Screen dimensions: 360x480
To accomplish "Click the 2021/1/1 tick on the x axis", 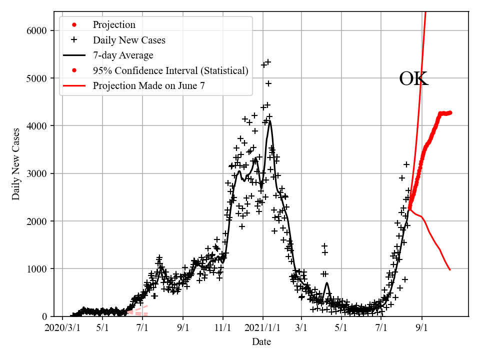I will point(262,329).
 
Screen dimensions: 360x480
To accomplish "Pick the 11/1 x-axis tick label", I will point(223,329).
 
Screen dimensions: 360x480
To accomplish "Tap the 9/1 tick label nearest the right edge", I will point(421,329).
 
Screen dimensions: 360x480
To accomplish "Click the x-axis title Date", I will point(261,342).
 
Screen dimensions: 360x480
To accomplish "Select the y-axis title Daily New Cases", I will point(16,164).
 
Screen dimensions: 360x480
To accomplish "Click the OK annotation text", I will point(413,79).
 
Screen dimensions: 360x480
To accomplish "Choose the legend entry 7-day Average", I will point(123,55).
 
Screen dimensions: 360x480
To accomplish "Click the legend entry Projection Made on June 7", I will point(148,86).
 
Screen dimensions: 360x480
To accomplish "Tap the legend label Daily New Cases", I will point(128,40).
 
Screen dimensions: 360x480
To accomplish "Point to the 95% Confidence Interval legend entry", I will point(170,70).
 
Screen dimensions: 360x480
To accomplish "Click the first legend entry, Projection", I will point(114,25).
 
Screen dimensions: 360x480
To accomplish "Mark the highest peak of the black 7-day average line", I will point(270,121).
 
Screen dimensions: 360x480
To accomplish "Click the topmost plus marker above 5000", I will point(268,62).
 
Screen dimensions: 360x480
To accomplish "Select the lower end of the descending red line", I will point(450,270).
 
